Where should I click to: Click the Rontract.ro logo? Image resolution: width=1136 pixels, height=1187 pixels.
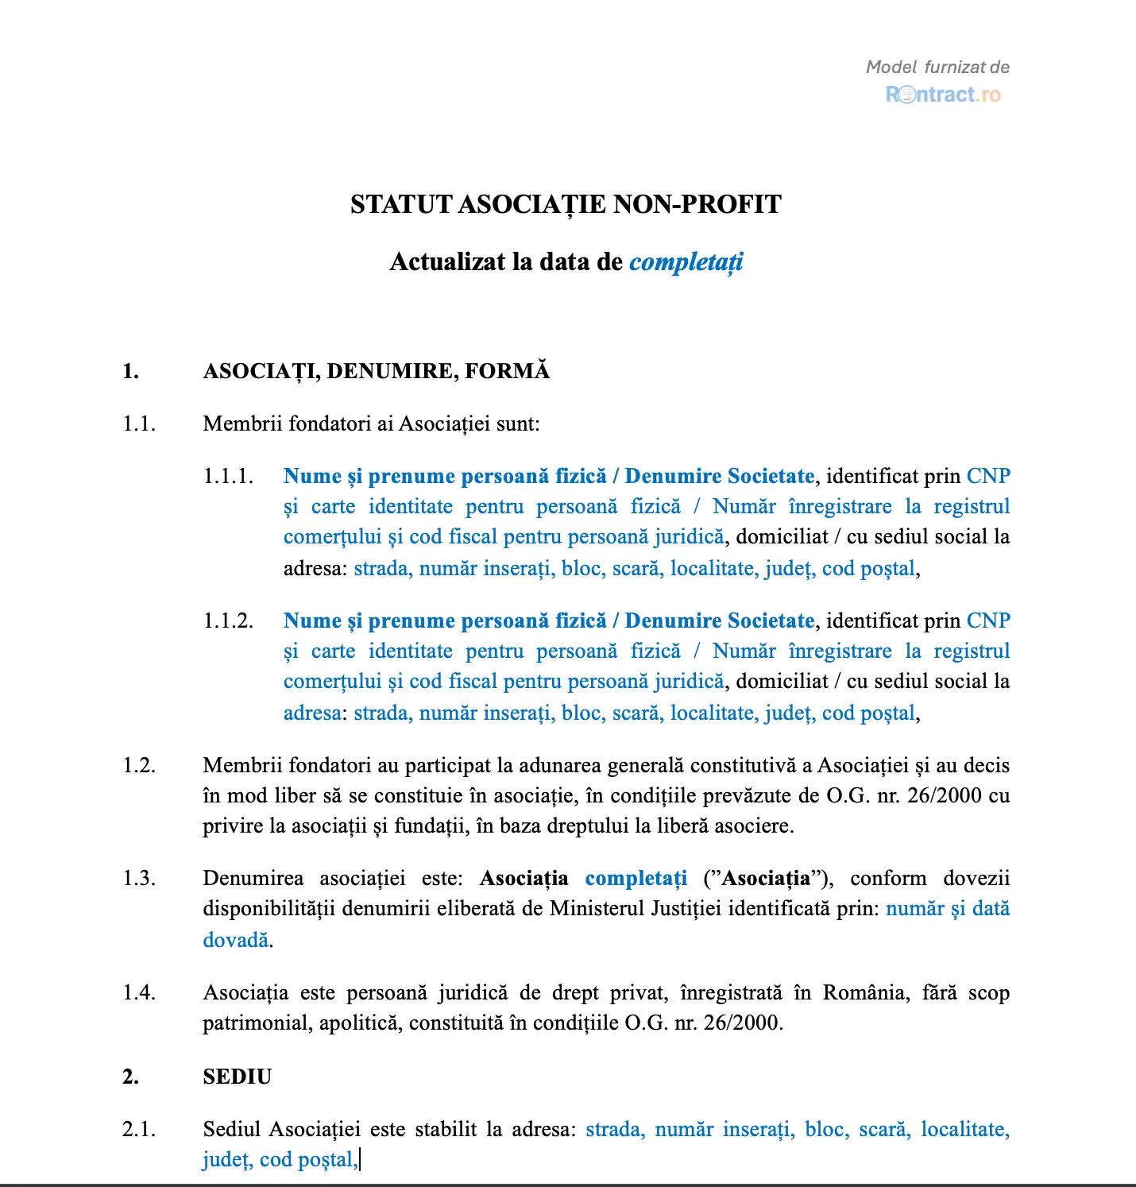click(943, 95)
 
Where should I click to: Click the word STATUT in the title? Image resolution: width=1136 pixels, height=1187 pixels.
click(401, 205)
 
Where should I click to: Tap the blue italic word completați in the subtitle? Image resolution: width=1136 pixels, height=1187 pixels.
click(686, 262)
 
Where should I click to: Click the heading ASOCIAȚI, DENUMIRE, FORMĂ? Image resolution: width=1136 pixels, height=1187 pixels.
click(376, 371)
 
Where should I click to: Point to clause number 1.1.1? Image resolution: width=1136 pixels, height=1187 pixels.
click(228, 477)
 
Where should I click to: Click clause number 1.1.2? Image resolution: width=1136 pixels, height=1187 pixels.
click(228, 621)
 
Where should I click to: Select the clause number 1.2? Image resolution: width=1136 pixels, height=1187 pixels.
click(139, 766)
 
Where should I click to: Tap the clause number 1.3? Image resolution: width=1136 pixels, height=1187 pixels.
click(139, 879)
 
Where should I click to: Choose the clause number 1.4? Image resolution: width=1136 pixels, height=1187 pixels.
click(139, 993)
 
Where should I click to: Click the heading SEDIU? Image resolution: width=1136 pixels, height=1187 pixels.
click(237, 1077)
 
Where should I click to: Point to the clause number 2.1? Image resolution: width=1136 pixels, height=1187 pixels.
click(139, 1130)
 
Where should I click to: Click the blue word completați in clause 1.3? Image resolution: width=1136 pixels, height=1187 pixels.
click(636, 879)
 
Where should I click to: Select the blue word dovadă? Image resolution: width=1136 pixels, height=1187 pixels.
click(236, 941)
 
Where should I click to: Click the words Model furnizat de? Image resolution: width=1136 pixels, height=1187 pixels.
click(937, 68)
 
